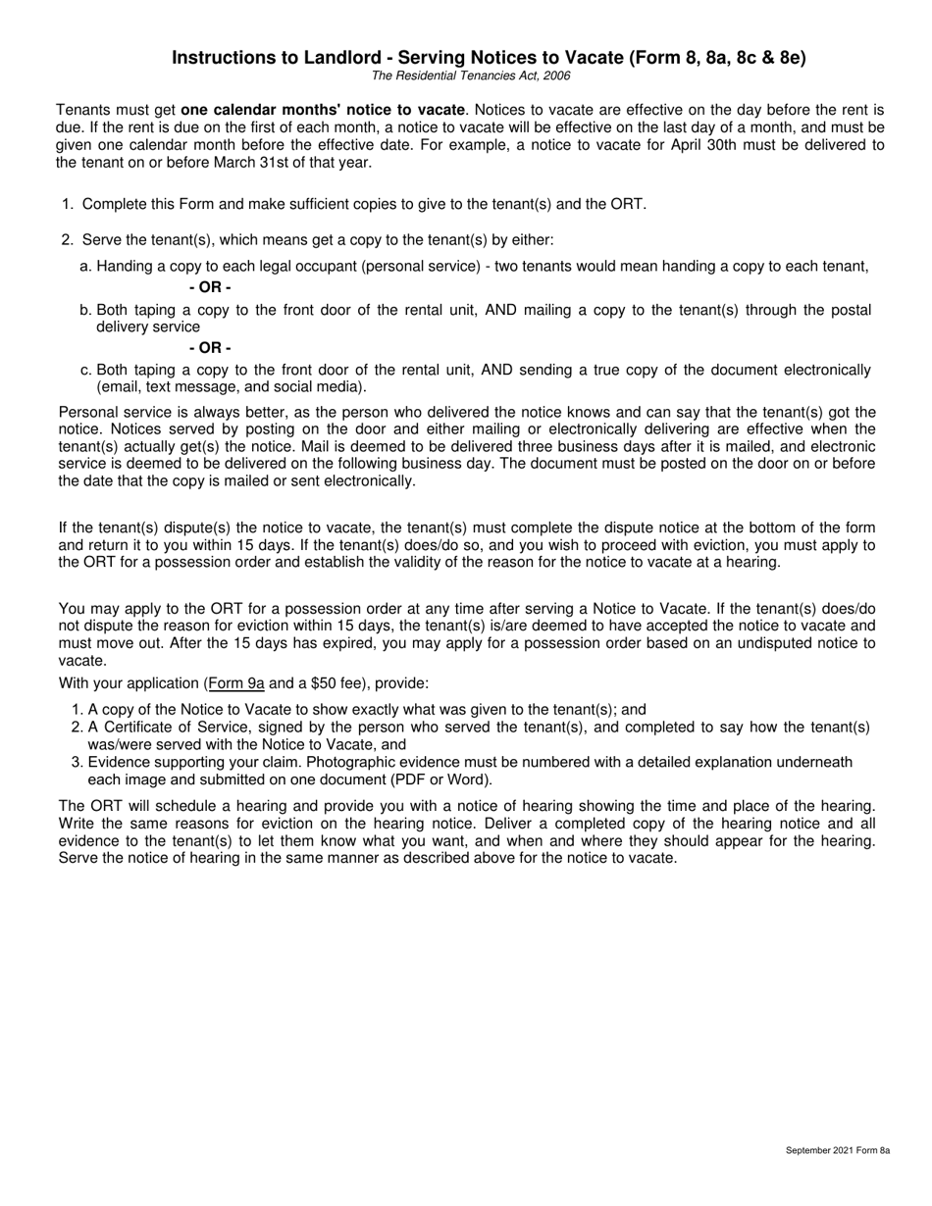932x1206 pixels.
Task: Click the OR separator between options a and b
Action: [210, 287]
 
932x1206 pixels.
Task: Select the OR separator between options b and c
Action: [210, 348]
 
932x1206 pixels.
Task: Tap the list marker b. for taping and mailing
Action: [85, 310]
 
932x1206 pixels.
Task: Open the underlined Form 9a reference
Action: [236, 683]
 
